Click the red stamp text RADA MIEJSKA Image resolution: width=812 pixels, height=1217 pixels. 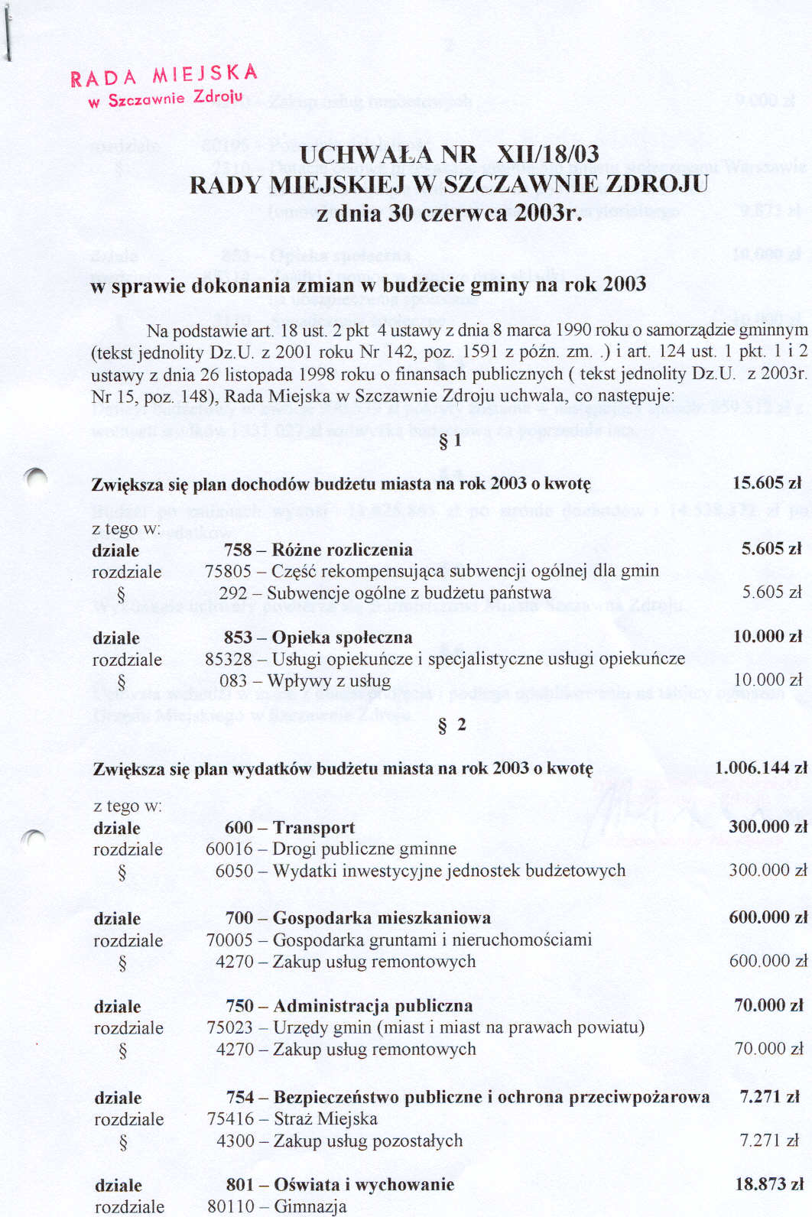point(164,76)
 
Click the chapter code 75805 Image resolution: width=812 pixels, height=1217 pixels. point(228,571)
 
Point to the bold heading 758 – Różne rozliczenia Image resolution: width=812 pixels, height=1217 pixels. point(318,550)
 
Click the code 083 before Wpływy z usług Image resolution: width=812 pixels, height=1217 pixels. point(233,680)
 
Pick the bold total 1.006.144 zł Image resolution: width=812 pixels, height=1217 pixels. point(760,768)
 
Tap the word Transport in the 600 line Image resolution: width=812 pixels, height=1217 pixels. point(313,828)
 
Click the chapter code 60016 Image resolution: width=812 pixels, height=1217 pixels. point(229,849)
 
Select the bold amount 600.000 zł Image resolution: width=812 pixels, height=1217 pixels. point(767,917)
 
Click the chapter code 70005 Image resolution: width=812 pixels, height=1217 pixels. point(229,940)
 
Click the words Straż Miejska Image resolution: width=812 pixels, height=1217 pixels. point(325,1119)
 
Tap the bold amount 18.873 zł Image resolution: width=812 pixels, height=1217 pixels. point(768,1185)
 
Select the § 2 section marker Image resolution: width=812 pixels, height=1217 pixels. point(451,725)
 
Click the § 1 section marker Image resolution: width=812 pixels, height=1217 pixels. point(450,441)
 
